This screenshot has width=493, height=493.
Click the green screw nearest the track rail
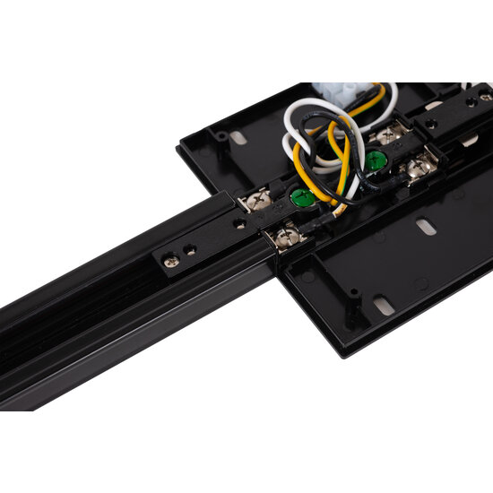click(x=299, y=198)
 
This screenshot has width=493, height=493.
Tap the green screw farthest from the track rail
click(x=376, y=160)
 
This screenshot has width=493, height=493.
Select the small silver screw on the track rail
click(x=171, y=261)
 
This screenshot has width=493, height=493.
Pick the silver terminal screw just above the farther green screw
click(x=388, y=134)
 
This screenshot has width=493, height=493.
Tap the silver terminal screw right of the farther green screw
click(x=419, y=167)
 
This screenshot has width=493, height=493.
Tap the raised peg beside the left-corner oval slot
click(x=220, y=135)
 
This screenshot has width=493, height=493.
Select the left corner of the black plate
click(x=179, y=144)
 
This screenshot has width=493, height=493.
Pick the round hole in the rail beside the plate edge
click(x=241, y=220)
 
